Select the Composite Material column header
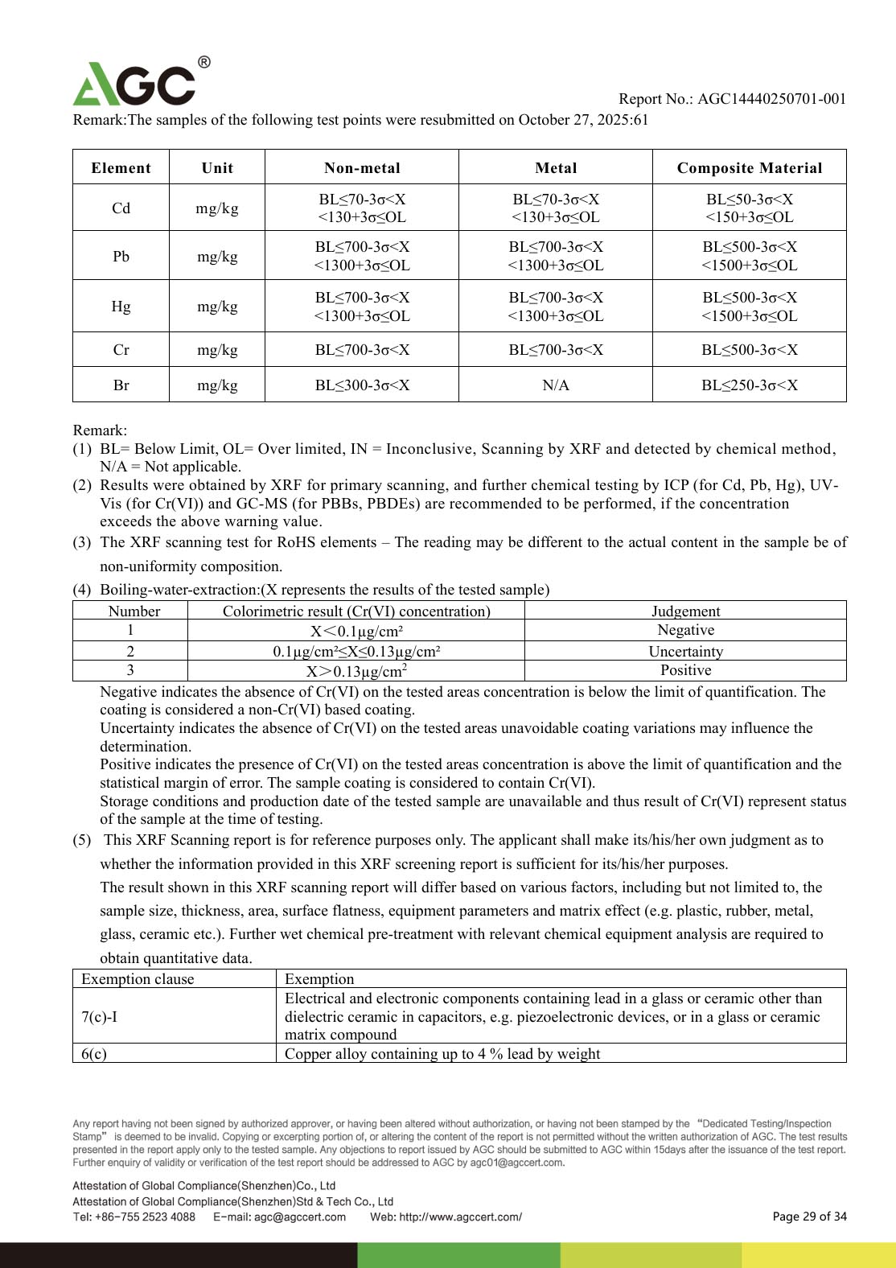pyautogui.click(x=749, y=168)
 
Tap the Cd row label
pyautogui.click(x=121, y=208)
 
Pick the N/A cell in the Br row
pyautogui.click(x=556, y=385)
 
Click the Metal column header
pyautogui.click(x=556, y=168)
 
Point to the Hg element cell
pyautogui.click(x=121, y=307)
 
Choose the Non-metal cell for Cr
pyautogui.click(x=362, y=350)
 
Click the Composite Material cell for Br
pyautogui.click(x=749, y=385)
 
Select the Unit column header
pyautogui.click(x=217, y=168)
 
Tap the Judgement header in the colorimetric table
pyautogui.click(x=685, y=611)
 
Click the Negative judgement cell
pyautogui.click(x=685, y=630)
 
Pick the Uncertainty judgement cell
pyautogui.click(x=685, y=652)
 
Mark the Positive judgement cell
pyautogui.click(x=685, y=670)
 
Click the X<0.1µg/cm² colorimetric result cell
pyautogui.click(x=356, y=631)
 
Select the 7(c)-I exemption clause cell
pyautogui.click(x=99, y=1017)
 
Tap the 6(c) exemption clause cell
pyautogui.click(x=94, y=1054)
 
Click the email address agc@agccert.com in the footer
pyautogui.click(x=300, y=1217)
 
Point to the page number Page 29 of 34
pyautogui.click(x=809, y=1217)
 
